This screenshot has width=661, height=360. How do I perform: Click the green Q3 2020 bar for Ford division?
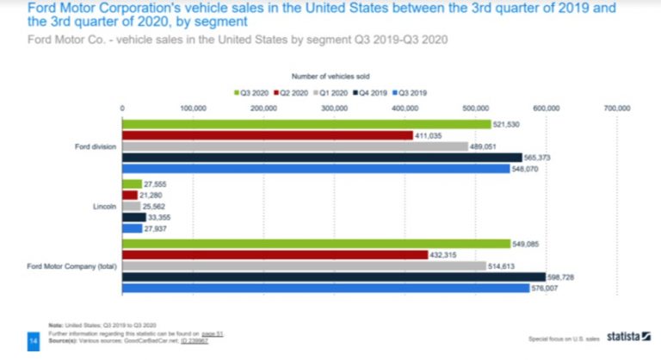coord(306,124)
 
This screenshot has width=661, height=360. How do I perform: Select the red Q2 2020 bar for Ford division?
coord(268,135)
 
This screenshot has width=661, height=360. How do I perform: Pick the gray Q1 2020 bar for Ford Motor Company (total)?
coord(305,266)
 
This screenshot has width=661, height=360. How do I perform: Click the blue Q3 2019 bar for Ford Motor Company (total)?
coord(326,289)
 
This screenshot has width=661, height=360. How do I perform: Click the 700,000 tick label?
coord(617,109)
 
